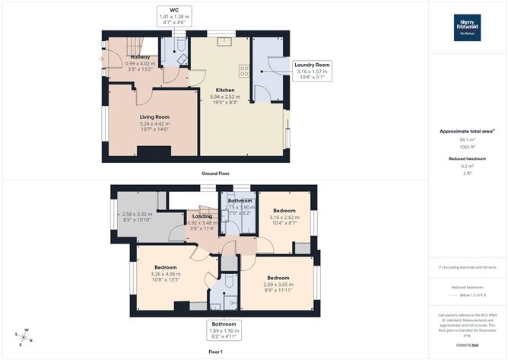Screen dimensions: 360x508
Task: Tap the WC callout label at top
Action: (x=173, y=15)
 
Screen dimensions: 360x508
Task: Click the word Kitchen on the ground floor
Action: (x=225, y=90)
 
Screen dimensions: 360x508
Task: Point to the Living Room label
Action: (x=154, y=117)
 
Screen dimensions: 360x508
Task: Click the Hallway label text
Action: (x=139, y=57)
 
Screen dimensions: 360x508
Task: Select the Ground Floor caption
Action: (x=214, y=174)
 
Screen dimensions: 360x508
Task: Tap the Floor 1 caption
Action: (x=214, y=352)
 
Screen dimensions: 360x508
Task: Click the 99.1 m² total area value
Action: (x=467, y=140)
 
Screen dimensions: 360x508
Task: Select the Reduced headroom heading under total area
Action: (x=467, y=158)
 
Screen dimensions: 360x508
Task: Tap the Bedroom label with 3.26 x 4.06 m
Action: (x=166, y=268)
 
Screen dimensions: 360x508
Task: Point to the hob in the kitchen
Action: (x=245, y=71)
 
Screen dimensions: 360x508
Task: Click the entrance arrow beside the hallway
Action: (x=102, y=58)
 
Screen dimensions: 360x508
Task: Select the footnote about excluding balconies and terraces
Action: (x=467, y=267)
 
